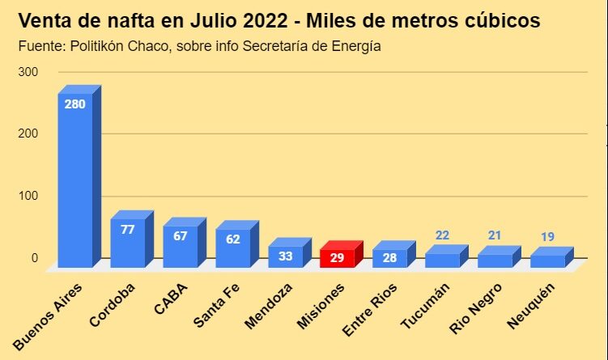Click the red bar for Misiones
coord(337,256)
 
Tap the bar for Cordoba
coord(127,241)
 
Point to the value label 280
coord(74,104)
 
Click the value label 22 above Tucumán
coord(443,235)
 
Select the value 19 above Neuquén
coord(548,237)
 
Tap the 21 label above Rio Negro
coord(495,235)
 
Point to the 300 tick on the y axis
coord(29,72)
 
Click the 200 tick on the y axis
coord(29,133)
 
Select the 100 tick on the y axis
coord(29,196)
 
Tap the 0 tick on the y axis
coord(35,258)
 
